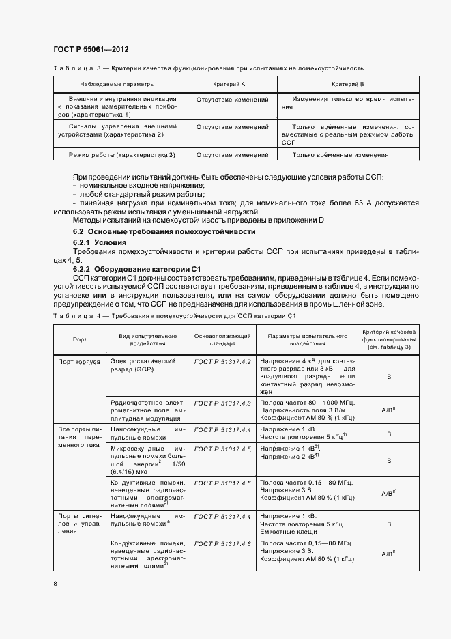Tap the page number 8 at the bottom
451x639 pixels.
coord(55,583)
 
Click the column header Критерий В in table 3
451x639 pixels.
coord(348,84)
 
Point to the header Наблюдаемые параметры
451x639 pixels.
coord(117,84)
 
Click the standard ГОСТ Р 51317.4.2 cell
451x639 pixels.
coord(223,360)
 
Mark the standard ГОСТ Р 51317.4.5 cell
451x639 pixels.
coord(223,449)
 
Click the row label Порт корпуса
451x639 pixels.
coord(79,361)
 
